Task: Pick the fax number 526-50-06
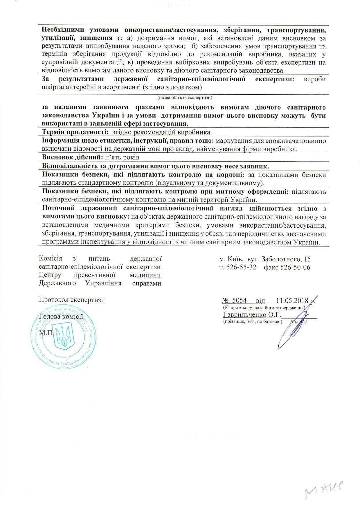click(x=295, y=267)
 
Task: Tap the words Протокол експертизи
click(x=72, y=300)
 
